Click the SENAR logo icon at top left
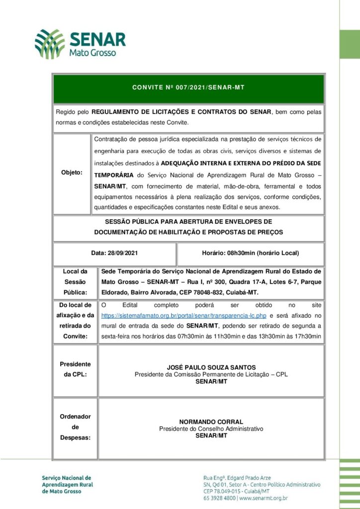[x=50, y=44]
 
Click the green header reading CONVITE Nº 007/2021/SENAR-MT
[x=188, y=87]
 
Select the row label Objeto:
[x=72, y=172]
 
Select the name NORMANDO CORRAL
[x=211, y=422]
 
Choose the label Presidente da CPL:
[x=75, y=369]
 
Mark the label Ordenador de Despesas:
[x=75, y=427]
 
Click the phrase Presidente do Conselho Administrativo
[x=211, y=428]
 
